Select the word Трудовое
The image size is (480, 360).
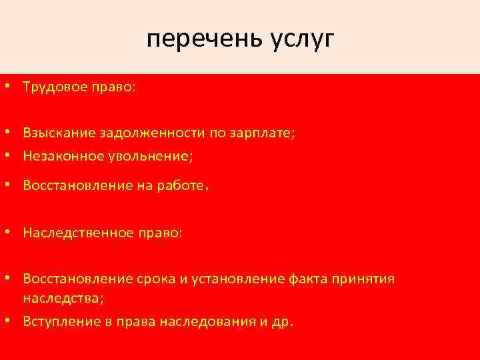(x=53, y=88)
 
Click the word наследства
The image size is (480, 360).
(x=61, y=298)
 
